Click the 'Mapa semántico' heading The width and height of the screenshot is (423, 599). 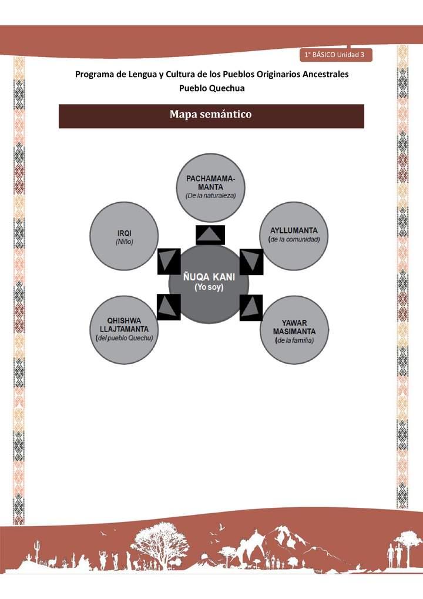(x=211, y=114)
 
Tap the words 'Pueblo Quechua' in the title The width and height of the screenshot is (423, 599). (x=211, y=88)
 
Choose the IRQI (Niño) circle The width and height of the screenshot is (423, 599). (x=125, y=236)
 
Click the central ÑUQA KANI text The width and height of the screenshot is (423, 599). (x=209, y=276)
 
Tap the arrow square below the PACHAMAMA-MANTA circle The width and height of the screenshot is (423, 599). (x=210, y=235)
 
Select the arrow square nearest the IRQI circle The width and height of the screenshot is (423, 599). (x=169, y=261)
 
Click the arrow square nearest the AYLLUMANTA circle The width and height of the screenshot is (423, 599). (x=251, y=260)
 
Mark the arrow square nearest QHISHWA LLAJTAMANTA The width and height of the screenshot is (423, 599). (x=169, y=306)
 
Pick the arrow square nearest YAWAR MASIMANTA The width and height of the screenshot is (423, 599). (x=251, y=307)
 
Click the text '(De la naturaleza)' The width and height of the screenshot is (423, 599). (x=211, y=195)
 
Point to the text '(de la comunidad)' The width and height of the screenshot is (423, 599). (x=294, y=240)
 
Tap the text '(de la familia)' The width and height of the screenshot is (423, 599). (x=294, y=341)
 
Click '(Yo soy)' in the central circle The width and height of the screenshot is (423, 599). (x=209, y=286)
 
